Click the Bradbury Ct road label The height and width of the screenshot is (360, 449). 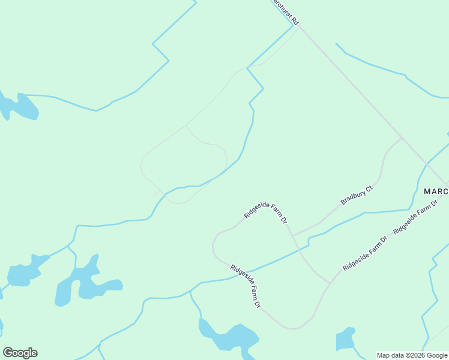click(357, 195)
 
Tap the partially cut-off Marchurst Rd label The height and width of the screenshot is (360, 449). click(284, 11)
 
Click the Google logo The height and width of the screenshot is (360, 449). click(20, 353)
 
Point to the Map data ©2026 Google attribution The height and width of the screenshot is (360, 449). click(412, 355)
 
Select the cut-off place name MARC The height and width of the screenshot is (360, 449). click(436, 191)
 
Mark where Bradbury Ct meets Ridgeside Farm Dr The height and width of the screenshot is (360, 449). click(292, 235)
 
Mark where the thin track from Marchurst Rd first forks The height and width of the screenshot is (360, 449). click(186, 125)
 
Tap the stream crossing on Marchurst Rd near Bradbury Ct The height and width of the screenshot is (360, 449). click(427, 163)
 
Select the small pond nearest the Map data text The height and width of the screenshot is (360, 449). click(345, 339)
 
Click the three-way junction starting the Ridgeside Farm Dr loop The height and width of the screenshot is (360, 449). click(329, 283)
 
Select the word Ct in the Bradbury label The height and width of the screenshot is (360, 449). click(369, 188)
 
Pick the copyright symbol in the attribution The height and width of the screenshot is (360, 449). click(405, 355)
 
